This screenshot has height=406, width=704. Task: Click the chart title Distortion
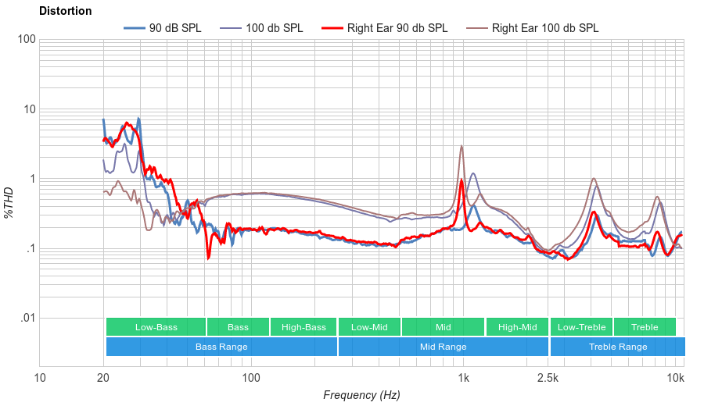65,12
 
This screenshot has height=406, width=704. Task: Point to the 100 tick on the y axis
27,40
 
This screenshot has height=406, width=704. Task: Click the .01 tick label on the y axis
27,319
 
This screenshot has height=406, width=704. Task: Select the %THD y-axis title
9,202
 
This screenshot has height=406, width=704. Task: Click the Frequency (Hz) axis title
361,395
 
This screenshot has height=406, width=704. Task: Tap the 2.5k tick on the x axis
548,379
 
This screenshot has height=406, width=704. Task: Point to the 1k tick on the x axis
463,379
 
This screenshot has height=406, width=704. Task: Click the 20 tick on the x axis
103,379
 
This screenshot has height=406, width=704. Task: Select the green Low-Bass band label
156,327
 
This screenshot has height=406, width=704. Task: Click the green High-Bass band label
304,327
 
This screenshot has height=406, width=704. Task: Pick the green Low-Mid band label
369,327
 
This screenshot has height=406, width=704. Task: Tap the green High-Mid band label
517,327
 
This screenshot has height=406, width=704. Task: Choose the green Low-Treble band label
581,327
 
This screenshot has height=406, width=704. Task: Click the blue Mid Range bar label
443,347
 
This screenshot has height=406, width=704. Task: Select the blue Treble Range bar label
618,347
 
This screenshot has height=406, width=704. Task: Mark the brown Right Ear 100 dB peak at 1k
462,146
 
